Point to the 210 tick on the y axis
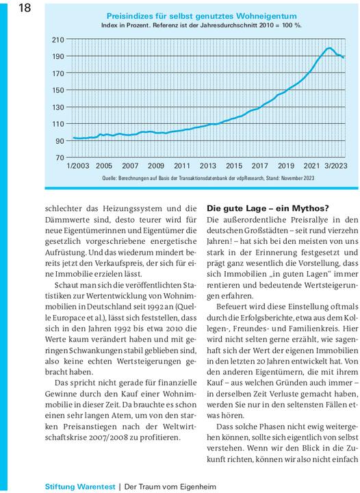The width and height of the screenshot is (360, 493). pos(58,40)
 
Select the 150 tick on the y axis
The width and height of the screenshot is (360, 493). pos(58,90)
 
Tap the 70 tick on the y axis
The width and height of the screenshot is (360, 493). pos(60,157)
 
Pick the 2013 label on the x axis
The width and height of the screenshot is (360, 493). pos(208,166)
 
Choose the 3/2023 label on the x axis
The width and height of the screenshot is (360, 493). pos(335,166)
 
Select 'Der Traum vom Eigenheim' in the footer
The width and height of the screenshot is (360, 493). pos(168,485)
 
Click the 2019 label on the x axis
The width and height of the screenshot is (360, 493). pos(286,166)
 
